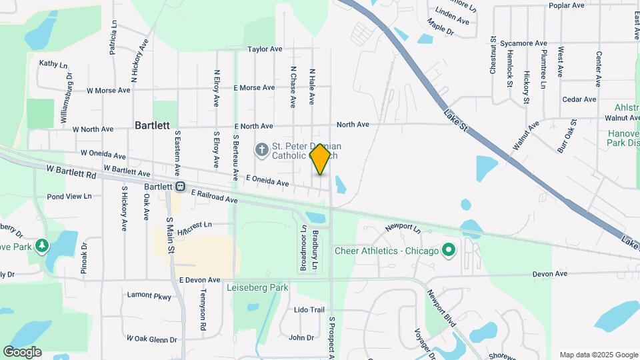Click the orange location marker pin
click(x=321, y=159)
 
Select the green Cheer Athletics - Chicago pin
click(x=449, y=251)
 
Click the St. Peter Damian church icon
click(x=261, y=150)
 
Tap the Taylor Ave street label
click(x=265, y=49)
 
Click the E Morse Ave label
click(x=254, y=87)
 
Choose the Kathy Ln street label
click(x=53, y=64)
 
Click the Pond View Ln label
click(x=69, y=197)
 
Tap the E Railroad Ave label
click(x=214, y=196)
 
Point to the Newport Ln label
click(x=403, y=228)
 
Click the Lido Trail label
click(x=309, y=310)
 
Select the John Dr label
click(x=301, y=338)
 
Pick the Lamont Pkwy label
click(x=149, y=295)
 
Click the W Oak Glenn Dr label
click(x=151, y=339)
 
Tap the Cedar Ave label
click(x=579, y=99)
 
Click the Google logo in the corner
click(x=22, y=352)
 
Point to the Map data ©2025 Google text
click(x=599, y=355)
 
